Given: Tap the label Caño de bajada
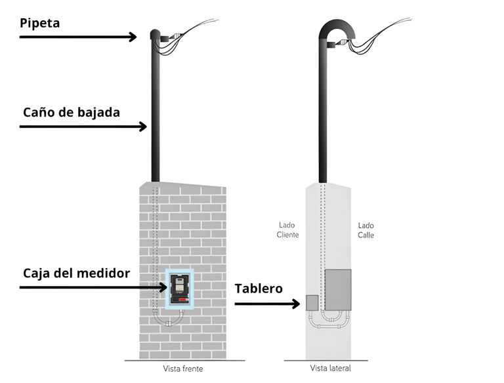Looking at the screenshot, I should pos(72,112).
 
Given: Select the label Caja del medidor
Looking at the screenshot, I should pos(76,273).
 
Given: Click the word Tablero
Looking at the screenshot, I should pos(259,289).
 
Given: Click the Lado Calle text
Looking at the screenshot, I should pos(366,230).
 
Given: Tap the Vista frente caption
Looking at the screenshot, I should pos(183,369).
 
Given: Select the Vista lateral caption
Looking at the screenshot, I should pos(330,368).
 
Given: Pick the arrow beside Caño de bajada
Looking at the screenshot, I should pos(83,126).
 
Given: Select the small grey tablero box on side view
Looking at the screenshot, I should pos(312,302).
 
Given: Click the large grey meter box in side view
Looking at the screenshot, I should pos(338,288).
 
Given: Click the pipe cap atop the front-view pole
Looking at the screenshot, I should pos(156,34).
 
